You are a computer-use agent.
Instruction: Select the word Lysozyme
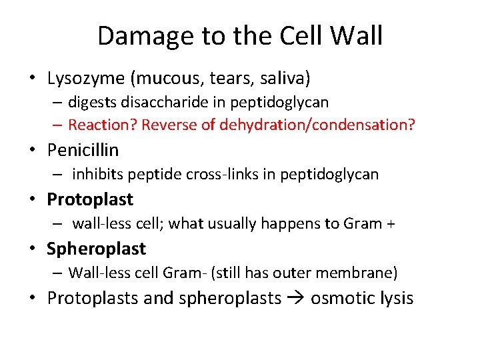(x=86, y=79)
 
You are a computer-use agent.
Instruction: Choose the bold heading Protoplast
(x=90, y=199)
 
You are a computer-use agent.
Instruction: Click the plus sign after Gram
(x=390, y=224)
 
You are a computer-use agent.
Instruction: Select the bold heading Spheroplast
(x=96, y=249)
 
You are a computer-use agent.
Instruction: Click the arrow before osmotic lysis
(x=295, y=298)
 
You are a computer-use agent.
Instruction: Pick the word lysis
(x=397, y=298)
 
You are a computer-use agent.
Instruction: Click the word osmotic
(x=341, y=298)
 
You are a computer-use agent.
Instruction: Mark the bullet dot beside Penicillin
(x=33, y=151)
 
